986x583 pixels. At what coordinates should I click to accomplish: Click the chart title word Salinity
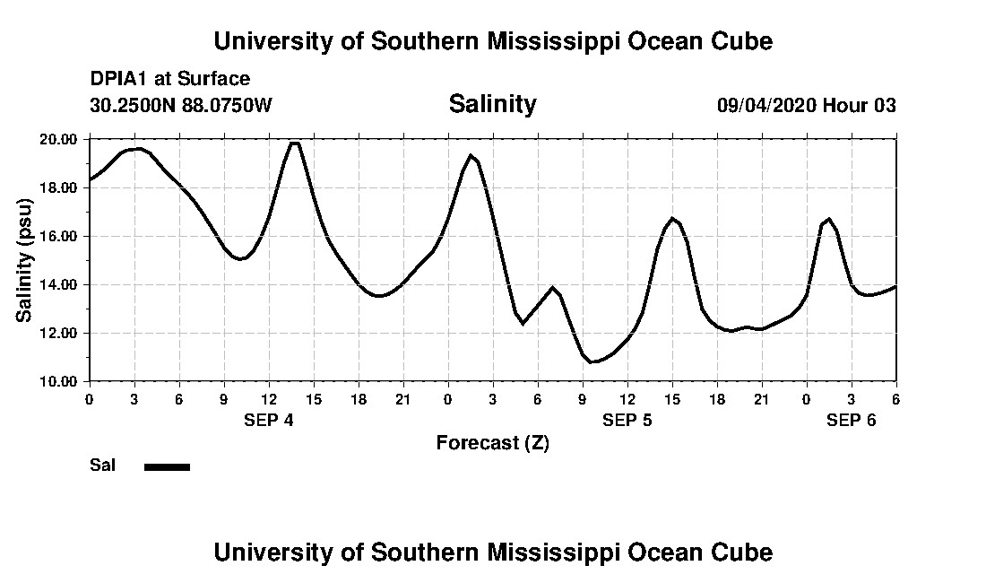tap(492, 104)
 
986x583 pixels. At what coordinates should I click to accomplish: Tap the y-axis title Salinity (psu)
tap(24, 261)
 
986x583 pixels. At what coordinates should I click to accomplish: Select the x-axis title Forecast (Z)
tap(492, 442)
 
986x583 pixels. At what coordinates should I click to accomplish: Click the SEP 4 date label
tap(268, 420)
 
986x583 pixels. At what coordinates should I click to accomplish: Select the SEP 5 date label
tap(627, 420)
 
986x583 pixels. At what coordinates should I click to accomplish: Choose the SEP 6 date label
tap(851, 420)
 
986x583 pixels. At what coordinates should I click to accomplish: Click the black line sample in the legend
tap(167, 466)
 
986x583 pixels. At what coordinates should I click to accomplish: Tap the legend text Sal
tap(101, 466)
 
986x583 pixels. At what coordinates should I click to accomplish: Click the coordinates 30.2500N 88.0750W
tap(180, 105)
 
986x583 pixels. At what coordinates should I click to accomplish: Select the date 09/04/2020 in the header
tap(765, 105)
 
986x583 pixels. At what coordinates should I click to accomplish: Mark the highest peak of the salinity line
tap(294, 143)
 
